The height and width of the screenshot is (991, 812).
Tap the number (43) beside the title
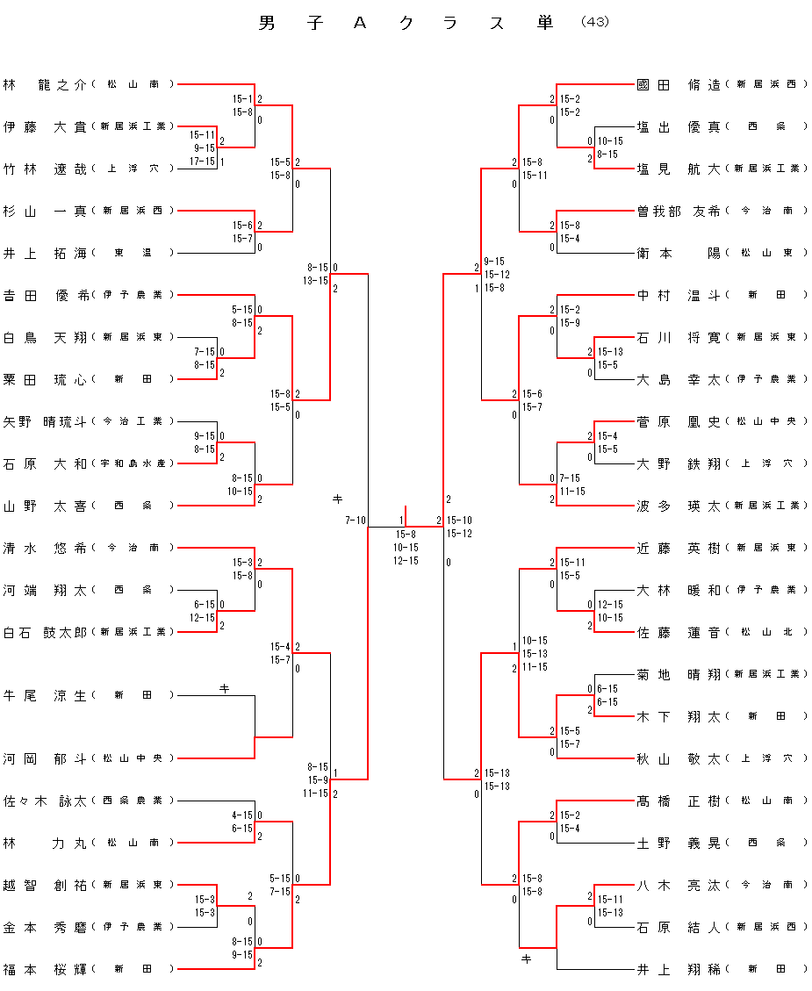(x=594, y=22)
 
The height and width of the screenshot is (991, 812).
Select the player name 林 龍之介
(x=45, y=84)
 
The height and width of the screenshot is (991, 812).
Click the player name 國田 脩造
(x=679, y=84)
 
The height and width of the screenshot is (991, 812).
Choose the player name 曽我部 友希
(x=679, y=211)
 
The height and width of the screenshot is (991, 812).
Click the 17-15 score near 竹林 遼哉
(x=202, y=162)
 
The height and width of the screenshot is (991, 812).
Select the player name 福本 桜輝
(x=45, y=969)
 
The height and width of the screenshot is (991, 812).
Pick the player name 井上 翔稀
(x=679, y=969)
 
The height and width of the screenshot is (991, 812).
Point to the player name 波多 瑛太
(x=679, y=506)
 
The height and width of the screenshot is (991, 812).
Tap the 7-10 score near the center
(x=355, y=521)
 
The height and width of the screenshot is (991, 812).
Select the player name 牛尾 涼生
(x=45, y=695)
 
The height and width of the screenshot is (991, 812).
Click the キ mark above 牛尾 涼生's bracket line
(x=224, y=689)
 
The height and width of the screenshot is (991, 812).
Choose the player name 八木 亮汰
(x=679, y=885)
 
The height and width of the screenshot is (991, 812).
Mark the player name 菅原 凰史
(x=679, y=421)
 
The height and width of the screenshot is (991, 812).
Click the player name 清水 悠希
(x=45, y=548)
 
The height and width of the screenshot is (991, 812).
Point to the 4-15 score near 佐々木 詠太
(x=242, y=815)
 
